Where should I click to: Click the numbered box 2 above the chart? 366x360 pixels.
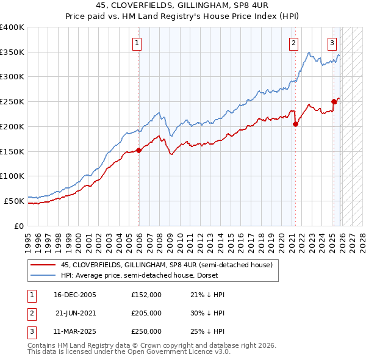pos(294,43)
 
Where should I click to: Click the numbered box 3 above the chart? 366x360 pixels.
pos(332,43)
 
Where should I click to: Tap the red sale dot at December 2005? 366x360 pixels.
pos(138,149)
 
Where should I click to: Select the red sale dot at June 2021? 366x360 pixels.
pos(295,124)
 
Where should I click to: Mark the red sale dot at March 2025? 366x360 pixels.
pos(334,101)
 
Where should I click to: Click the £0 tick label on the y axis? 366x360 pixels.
pos(18,226)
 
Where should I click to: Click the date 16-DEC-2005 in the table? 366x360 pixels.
pos(75,295)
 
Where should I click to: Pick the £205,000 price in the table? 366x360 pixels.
pos(146,313)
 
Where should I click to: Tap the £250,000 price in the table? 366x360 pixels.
pos(146,331)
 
